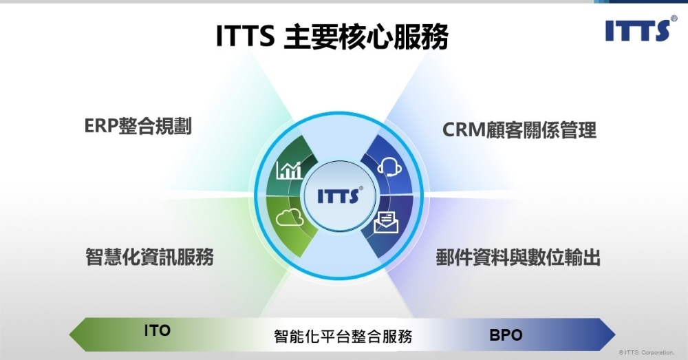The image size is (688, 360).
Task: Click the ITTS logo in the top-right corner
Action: (x=636, y=30)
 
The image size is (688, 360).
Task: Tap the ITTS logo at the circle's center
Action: (x=338, y=195)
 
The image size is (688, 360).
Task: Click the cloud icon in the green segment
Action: (x=289, y=220)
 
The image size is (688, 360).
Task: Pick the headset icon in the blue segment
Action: (x=388, y=167)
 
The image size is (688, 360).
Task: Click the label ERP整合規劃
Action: (x=138, y=127)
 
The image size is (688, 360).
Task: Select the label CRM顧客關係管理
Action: (x=519, y=130)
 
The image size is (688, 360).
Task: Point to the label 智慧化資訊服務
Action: (x=149, y=257)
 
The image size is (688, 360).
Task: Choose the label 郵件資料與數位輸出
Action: (x=518, y=258)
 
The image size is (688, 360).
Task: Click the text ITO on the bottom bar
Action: (x=157, y=331)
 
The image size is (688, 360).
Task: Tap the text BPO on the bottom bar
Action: (x=506, y=336)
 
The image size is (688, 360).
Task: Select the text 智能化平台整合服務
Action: (x=343, y=337)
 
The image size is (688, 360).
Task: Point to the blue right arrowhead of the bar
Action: (x=606, y=335)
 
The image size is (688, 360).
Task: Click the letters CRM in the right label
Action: (x=464, y=130)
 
